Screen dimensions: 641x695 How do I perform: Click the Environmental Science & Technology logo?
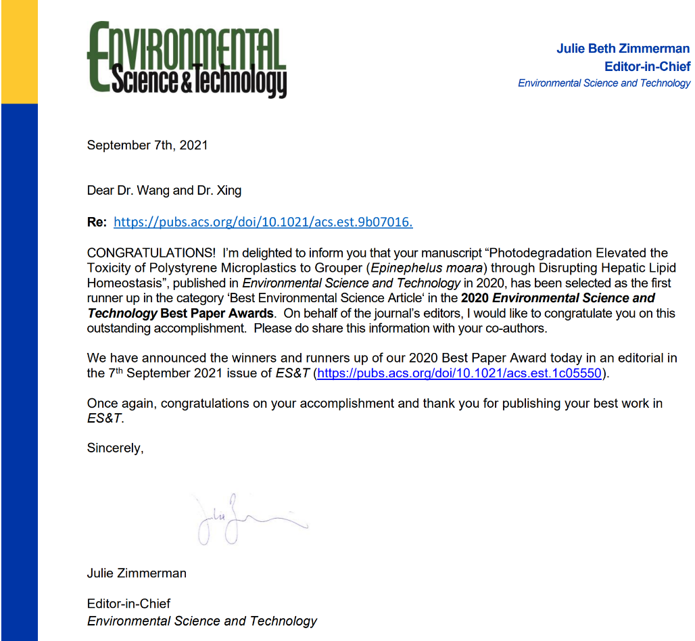click(x=187, y=60)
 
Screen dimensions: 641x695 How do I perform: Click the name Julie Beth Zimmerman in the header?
click(x=623, y=49)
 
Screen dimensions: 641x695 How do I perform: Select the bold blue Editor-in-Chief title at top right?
click(x=647, y=66)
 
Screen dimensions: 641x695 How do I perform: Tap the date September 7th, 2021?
click(x=147, y=145)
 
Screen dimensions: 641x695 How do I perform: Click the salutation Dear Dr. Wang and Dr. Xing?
click(x=164, y=191)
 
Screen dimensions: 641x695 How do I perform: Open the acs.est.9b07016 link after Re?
click(x=263, y=222)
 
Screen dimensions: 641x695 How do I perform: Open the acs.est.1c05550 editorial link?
click(x=458, y=373)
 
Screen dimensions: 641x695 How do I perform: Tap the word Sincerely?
click(x=115, y=448)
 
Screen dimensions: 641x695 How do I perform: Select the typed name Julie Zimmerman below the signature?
click(x=137, y=573)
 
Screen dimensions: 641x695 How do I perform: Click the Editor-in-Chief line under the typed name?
click(x=128, y=603)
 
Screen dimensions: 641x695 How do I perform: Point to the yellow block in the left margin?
click(x=19, y=51)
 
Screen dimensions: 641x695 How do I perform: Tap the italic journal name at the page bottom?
click(x=201, y=621)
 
